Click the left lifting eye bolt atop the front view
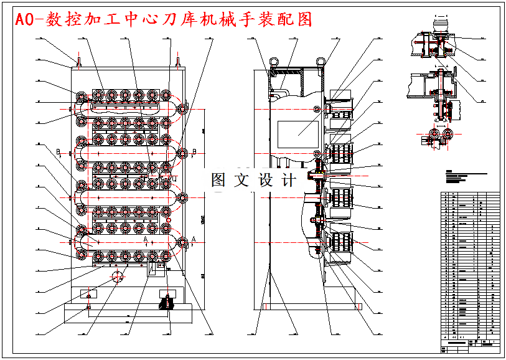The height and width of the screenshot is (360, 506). click(x=79, y=61)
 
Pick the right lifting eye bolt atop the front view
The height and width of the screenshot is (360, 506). click(x=179, y=61)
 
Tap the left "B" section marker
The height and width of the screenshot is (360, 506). click(x=58, y=151)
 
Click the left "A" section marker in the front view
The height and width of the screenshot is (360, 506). click(x=144, y=239)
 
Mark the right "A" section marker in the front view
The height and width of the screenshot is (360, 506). click(x=194, y=239)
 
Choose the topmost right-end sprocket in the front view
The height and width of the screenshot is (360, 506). click(x=183, y=108)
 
